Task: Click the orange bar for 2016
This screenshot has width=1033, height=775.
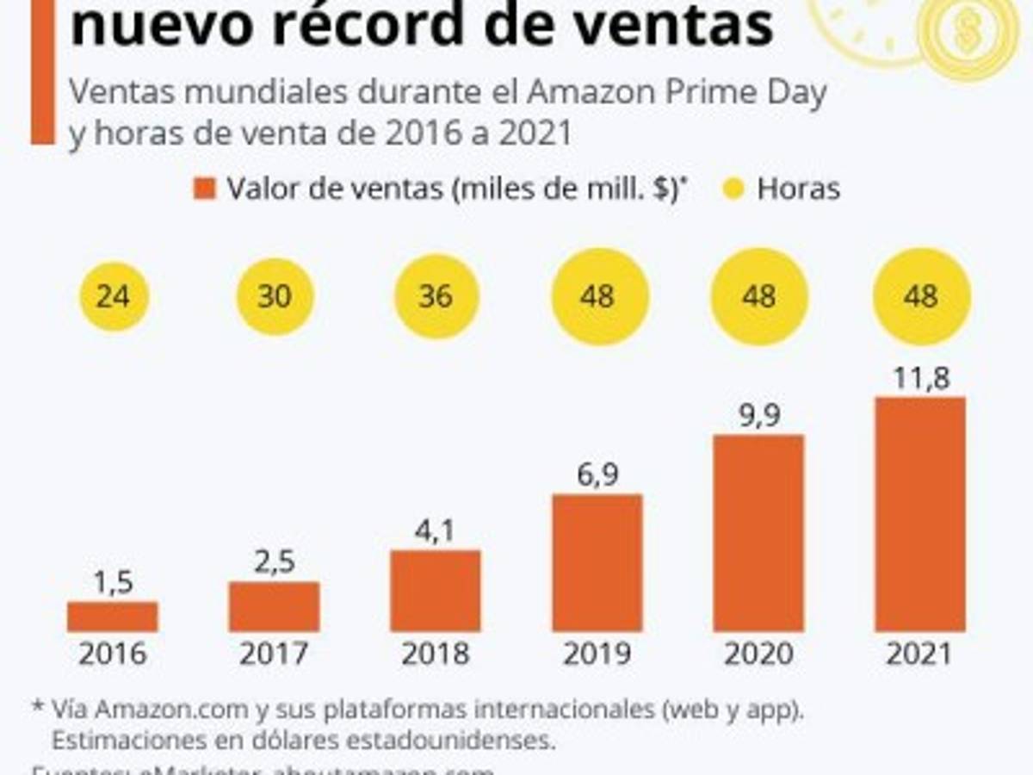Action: click(112, 617)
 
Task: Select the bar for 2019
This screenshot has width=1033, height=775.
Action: click(597, 562)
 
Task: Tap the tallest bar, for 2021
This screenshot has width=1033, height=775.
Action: click(920, 514)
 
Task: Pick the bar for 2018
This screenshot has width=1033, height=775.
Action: click(436, 591)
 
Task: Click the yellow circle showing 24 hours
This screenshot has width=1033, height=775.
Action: click(114, 296)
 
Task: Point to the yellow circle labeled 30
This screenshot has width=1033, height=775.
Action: click(275, 296)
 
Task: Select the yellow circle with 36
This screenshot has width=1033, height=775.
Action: click(436, 296)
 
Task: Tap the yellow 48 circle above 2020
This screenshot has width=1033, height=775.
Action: click(758, 296)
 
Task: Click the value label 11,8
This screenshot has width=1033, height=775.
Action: click(920, 378)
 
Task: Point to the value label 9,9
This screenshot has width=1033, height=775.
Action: click(758, 416)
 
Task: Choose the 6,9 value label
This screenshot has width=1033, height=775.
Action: click(597, 475)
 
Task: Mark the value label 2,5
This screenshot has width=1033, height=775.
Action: click(275, 562)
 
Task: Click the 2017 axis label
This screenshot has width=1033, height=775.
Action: click(275, 654)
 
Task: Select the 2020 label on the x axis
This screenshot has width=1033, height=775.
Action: click(758, 654)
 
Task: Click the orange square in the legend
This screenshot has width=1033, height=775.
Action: click(204, 189)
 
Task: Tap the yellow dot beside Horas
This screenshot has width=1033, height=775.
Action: click(733, 189)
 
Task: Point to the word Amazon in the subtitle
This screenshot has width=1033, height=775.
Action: click(591, 92)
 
